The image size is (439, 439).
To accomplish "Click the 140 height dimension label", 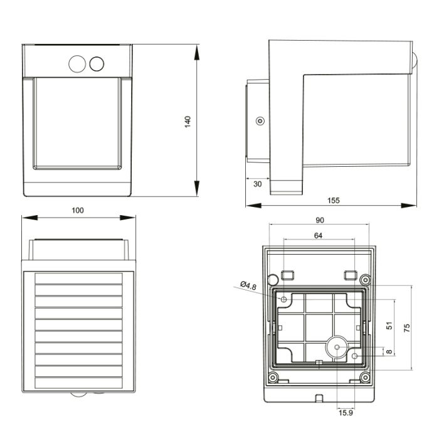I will tap(188, 122).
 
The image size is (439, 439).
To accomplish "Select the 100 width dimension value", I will tap(77, 211).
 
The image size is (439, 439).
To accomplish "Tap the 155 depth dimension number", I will tap(333, 201).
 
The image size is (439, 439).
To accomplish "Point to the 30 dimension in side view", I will tap(257, 184).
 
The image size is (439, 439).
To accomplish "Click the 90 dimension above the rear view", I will tap(319, 220).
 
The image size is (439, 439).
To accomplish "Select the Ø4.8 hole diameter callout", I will tap(250, 286).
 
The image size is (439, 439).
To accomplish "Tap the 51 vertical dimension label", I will tap(389, 327).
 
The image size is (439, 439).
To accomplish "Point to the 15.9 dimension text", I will tap(346, 412).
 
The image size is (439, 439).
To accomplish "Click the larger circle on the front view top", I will tap(77, 64).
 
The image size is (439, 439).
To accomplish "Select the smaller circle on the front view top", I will tap(97, 64).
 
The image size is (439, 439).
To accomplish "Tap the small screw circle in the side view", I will tap(260, 121).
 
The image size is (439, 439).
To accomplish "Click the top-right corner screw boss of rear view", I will tap(365, 278).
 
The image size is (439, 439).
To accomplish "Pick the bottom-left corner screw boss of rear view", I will tap(273, 378).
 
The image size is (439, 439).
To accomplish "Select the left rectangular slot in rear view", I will tap(287, 275).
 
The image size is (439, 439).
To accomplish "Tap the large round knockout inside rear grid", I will tap(337, 347).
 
